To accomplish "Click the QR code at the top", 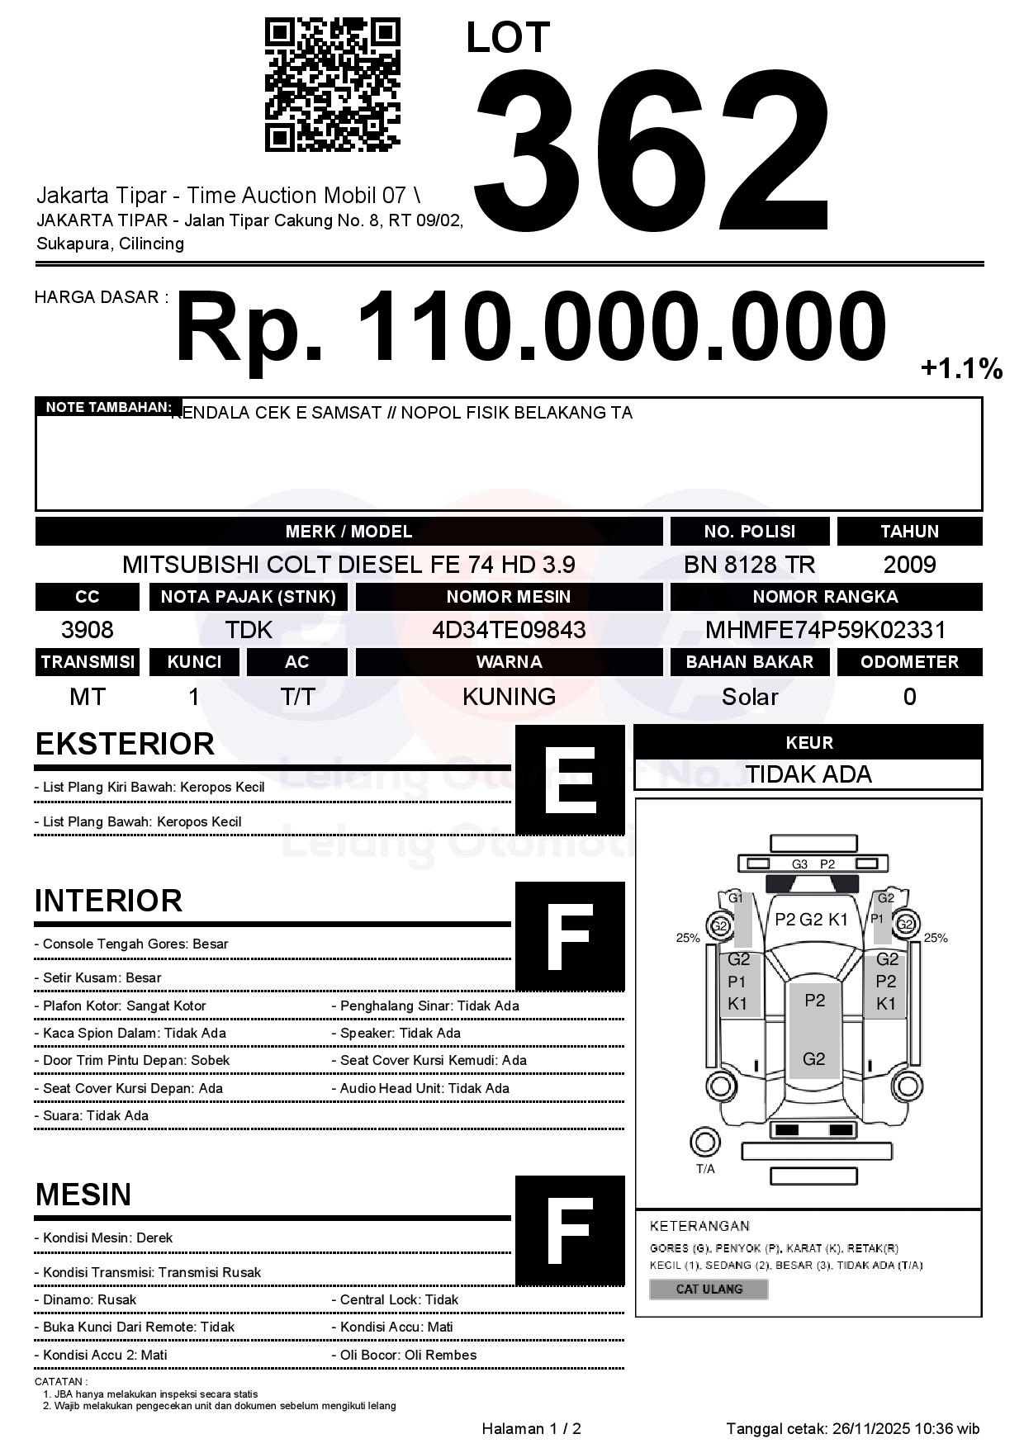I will [332, 85].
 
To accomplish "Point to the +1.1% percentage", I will [961, 368].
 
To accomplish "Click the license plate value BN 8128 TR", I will [749, 565].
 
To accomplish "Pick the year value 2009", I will [909, 565].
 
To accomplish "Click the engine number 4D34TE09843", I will [509, 630].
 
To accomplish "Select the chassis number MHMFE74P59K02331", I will [825, 630].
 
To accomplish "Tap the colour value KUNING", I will [509, 697].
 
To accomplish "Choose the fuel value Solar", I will [749, 698].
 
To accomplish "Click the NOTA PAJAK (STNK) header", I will [248, 596].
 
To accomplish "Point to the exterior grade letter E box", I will [570, 780].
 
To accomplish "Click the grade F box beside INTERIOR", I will [570, 935].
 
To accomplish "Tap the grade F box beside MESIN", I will [570, 1230].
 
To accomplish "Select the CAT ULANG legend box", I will [709, 1289].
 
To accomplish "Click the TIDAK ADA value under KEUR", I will [808, 774].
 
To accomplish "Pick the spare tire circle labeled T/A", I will [704, 1143].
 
